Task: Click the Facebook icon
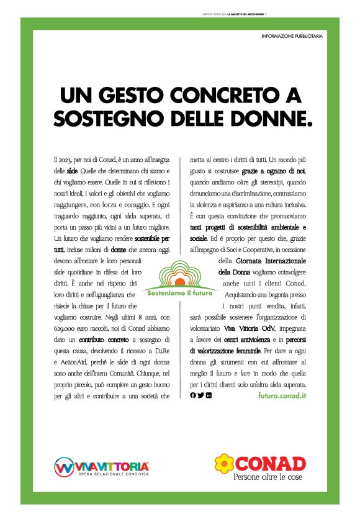192,395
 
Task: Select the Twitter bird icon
200,395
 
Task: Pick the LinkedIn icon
209,395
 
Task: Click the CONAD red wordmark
270,462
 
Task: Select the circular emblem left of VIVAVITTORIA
64,467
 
